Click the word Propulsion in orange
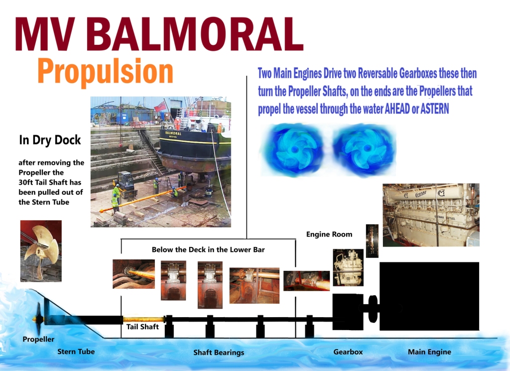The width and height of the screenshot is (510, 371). tap(106, 72)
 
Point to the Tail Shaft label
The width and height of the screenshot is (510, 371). tap(142, 327)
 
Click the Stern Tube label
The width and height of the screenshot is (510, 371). tap(76, 352)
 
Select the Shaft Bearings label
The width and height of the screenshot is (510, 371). tap(219, 353)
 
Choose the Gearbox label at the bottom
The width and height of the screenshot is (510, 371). tap(348, 352)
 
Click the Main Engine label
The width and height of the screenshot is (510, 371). tap(429, 352)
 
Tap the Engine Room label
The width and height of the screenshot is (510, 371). tap(329, 234)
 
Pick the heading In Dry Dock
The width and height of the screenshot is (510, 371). tap(50, 140)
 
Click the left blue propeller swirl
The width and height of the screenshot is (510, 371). tap(294, 149)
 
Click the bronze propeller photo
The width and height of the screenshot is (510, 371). tap(41, 250)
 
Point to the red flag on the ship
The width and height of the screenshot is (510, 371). tap(160, 106)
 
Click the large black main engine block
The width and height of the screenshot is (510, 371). tap(429, 296)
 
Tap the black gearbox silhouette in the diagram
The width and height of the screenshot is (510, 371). tap(348, 312)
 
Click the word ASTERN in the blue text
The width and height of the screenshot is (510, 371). tap(434, 109)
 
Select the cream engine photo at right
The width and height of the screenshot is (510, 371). tap(431, 215)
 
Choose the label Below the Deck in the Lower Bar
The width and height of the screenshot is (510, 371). tap(208, 249)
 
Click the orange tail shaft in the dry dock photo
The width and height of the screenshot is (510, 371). tap(142, 199)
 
